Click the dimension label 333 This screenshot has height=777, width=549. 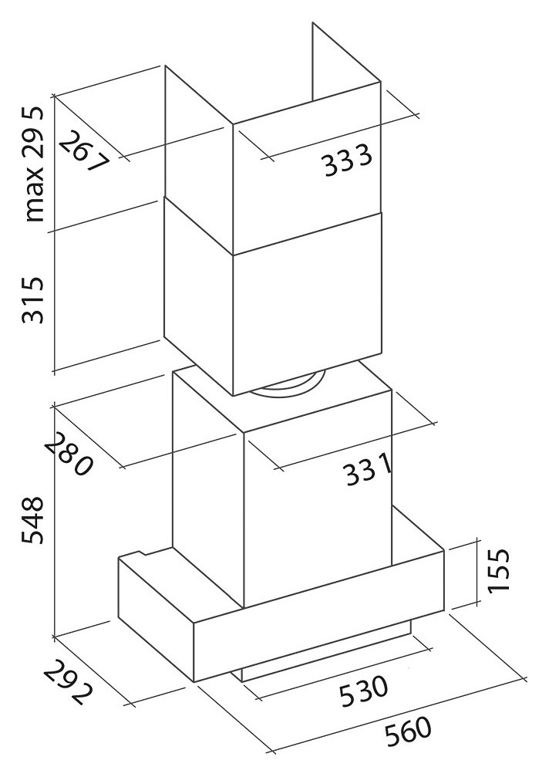(347, 160)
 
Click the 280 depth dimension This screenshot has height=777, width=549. (69, 454)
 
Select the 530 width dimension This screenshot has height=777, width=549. (363, 690)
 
